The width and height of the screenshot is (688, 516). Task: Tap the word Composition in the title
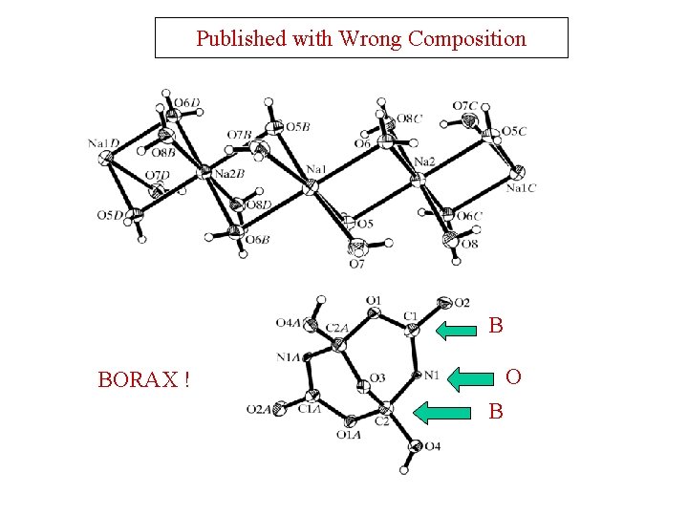[x=467, y=39]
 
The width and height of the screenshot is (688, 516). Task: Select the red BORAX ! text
[x=143, y=380]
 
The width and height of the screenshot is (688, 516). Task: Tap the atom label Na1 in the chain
[x=317, y=170]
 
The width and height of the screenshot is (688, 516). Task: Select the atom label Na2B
[x=230, y=173]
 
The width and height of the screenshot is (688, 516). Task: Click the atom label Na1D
[x=102, y=143]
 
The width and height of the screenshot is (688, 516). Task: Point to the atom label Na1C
[x=521, y=188]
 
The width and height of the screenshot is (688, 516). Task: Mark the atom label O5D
[x=110, y=215]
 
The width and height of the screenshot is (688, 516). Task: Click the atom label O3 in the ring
[x=377, y=378]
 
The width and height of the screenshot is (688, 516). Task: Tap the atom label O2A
[x=258, y=410]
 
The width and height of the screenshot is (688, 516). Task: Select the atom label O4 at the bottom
[x=432, y=446]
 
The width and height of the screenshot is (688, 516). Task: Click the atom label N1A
[x=289, y=357]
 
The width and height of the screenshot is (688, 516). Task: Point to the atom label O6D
[x=187, y=103]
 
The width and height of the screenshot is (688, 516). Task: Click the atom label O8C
[x=410, y=118]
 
